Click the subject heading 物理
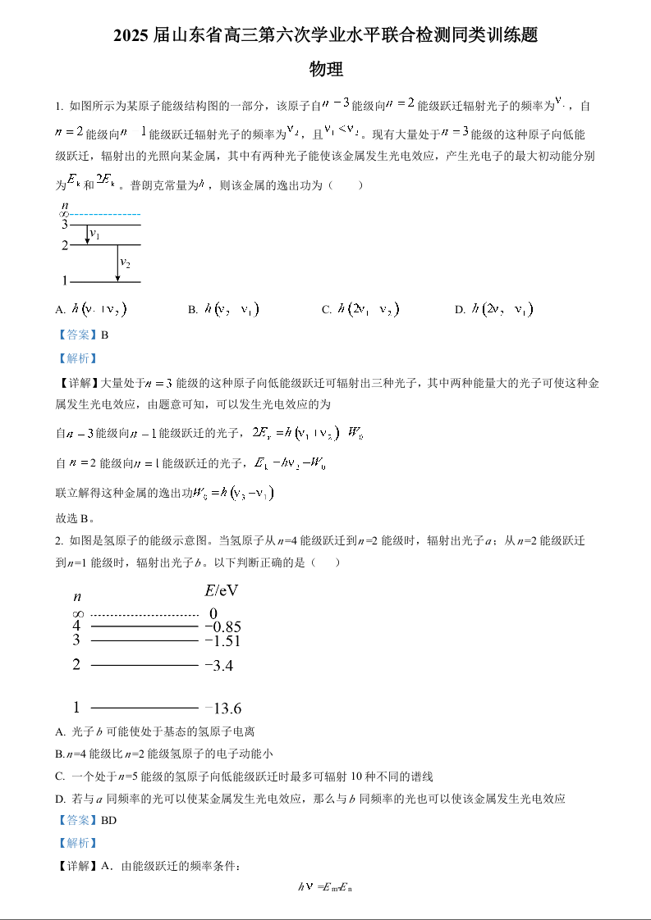click(326, 70)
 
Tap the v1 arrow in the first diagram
click(88, 235)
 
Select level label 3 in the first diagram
click(64, 224)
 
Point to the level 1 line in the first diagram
click(105, 282)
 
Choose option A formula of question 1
click(99, 310)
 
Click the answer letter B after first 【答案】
click(104, 335)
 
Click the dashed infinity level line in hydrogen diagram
click(144, 614)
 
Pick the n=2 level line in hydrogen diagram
click(144, 664)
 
